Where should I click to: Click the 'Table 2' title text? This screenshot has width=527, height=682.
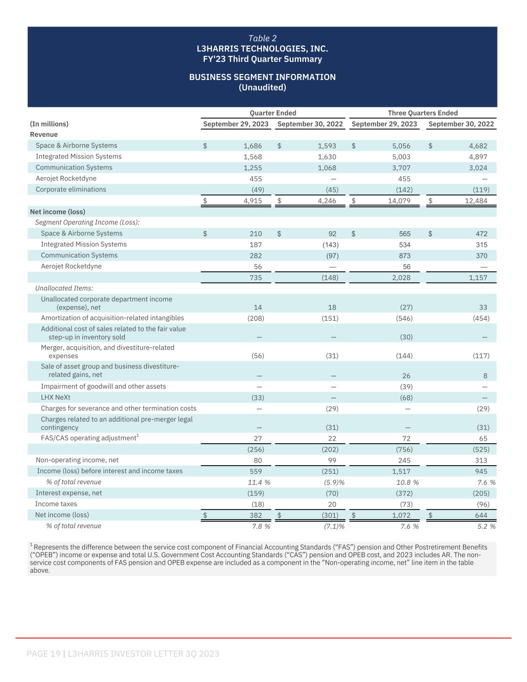coord(262,38)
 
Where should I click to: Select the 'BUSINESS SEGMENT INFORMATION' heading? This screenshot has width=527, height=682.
coord(262,77)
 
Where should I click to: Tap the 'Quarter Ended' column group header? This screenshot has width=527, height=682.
coord(273,113)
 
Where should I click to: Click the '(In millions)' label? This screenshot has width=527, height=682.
coord(49,124)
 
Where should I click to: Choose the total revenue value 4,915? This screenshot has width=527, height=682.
coord(252,201)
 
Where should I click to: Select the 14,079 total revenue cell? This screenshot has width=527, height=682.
coord(399,201)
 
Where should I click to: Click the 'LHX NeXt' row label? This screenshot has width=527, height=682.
coord(55,398)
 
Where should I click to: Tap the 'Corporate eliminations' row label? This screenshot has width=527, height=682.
coord(71,190)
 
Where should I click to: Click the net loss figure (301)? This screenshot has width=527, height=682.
coord(330,515)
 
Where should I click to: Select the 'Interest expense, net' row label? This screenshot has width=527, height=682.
coord(68,493)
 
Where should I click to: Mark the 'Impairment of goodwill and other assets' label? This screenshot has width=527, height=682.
coord(103,387)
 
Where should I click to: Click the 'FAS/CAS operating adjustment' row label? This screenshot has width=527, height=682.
coord(88,438)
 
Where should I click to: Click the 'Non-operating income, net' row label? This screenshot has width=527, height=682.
coord(77,460)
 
